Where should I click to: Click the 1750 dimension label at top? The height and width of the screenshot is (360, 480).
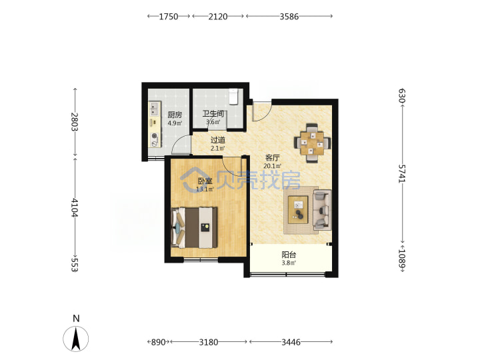169,17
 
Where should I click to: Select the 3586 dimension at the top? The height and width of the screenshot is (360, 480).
289,17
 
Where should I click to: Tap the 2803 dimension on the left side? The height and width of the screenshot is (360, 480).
75,122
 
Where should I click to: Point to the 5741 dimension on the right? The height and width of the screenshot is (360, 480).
401,173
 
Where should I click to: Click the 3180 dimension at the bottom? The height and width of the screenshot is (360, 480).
209,342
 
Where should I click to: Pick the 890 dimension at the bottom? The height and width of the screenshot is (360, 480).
158,342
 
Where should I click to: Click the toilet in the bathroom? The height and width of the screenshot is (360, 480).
233,97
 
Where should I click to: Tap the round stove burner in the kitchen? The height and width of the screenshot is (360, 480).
155,136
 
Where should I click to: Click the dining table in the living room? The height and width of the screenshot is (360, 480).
312,143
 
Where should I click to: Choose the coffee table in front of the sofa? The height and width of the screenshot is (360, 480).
298,210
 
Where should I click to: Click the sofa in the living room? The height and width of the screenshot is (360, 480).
322,210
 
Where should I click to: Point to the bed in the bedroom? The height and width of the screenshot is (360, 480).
194,227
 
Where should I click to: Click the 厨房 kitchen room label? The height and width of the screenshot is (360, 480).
175,115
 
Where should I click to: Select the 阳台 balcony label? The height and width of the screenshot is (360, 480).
289,255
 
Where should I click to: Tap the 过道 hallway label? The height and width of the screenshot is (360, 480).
218,140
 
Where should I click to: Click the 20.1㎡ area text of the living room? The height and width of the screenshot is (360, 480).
273,166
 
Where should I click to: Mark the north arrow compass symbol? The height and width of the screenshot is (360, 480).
76,339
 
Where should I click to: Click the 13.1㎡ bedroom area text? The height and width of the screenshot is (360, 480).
205,189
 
